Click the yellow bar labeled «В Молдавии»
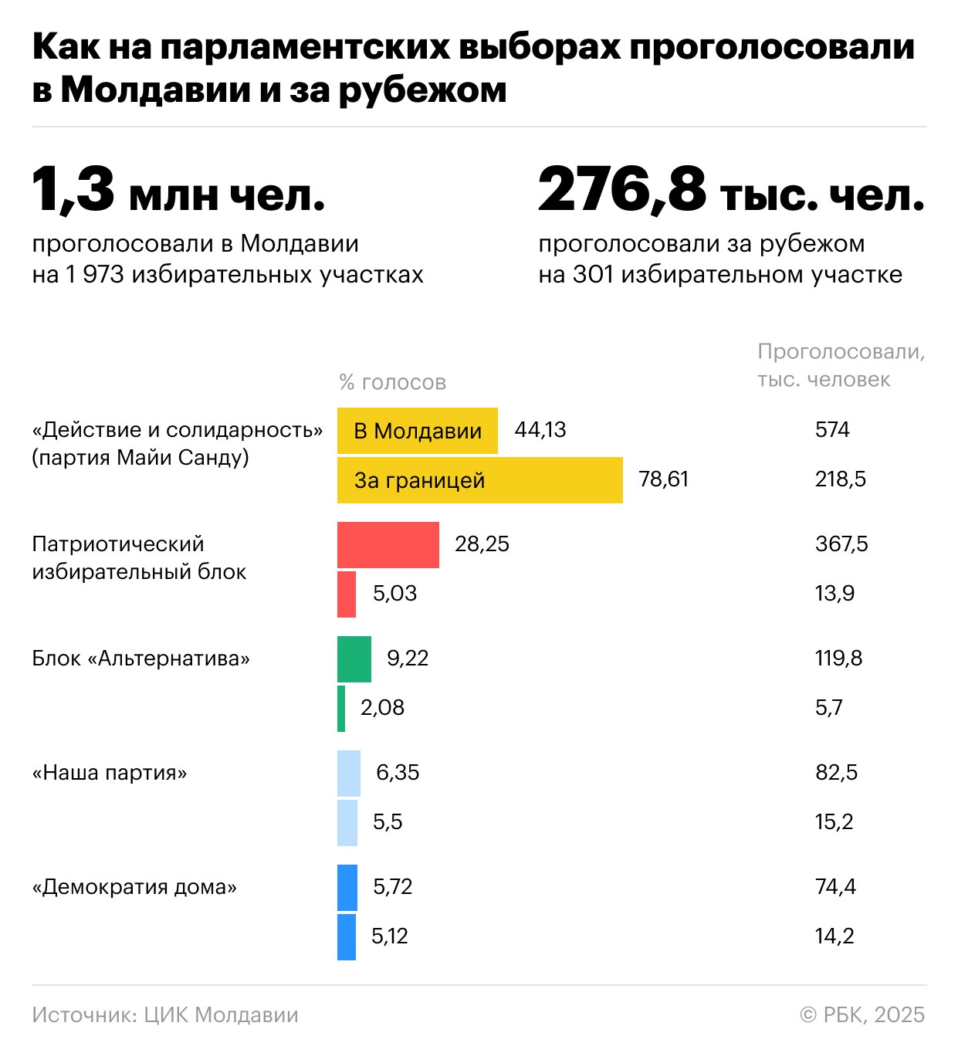click(x=417, y=431)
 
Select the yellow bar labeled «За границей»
click(x=479, y=480)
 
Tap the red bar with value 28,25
click(x=388, y=545)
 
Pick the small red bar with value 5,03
click(x=347, y=594)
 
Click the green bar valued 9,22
click(x=354, y=659)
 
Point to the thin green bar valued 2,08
click(x=341, y=709)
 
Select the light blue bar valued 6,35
click(x=348, y=774)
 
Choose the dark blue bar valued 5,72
click(x=347, y=888)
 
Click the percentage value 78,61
click(x=663, y=479)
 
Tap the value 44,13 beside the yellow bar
click(x=540, y=430)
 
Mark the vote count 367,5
click(x=841, y=544)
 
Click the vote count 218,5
click(x=840, y=479)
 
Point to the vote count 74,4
click(x=835, y=887)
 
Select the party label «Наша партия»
click(x=110, y=773)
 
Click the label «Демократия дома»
click(x=134, y=887)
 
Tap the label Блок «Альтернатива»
click(x=141, y=659)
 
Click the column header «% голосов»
click(x=392, y=382)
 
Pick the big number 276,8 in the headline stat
click(x=622, y=189)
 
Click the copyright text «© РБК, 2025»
click(x=862, y=1014)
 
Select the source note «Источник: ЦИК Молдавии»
click(x=165, y=1014)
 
